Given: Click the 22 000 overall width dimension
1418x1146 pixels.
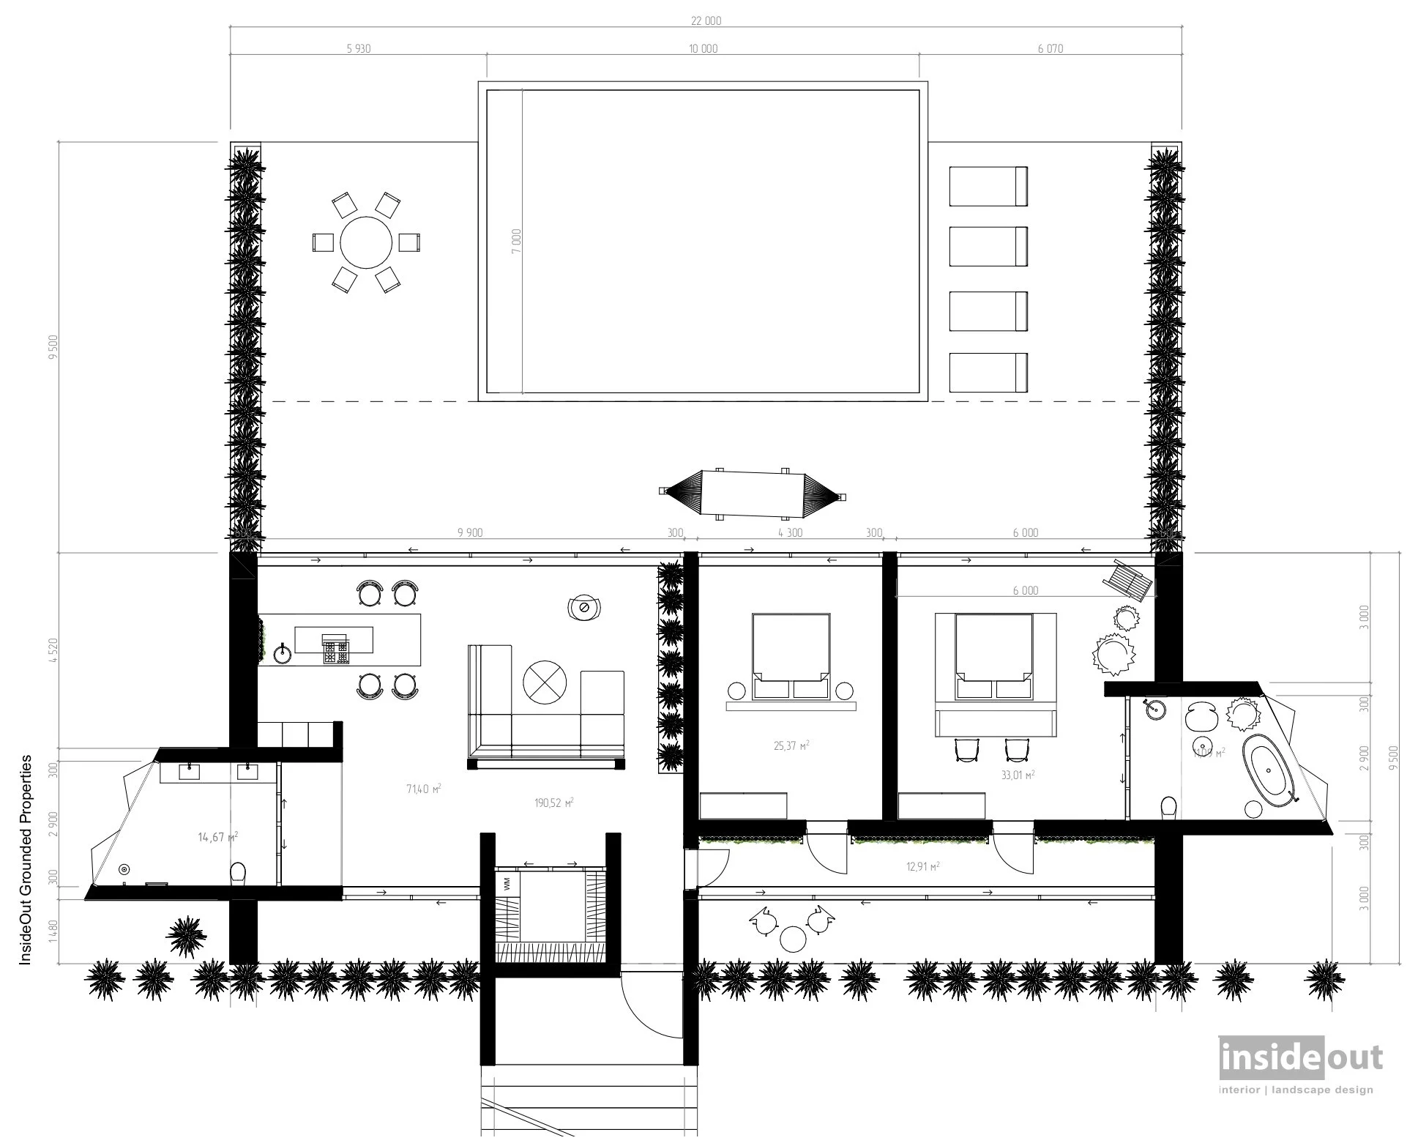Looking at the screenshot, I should pyautogui.click(x=706, y=21).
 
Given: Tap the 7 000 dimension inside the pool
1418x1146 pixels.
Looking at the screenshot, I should pyautogui.click(x=517, y=241).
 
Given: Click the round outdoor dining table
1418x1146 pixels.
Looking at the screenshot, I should pyautogui.click(x=366, y=242).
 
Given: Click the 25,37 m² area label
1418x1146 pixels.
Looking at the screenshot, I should pyautogui.click(x=791, y=746).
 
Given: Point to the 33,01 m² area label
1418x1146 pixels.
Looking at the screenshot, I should pyautogui.click(x=1018, y=774).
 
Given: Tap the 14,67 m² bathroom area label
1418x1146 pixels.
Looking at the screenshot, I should pyautogui.click(x=217, y=836).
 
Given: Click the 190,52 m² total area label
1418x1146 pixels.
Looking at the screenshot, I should pyautogui.click(x=553, y=803).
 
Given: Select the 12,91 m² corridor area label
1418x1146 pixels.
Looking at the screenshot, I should pyautogui.click(x=922, y=866).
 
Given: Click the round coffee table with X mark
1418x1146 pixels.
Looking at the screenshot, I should pyautogui.click(x=545, y=682).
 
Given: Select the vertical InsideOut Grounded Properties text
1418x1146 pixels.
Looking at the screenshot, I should pyautogui.click(x=26, y=860).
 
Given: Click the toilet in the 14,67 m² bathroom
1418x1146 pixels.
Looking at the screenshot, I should pyautogui.click(x=237, y=873).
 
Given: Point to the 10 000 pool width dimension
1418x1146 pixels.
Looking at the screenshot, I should pyautogui.click(x=703, y=49).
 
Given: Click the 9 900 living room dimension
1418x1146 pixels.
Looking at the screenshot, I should pyautogui.click(x=469, y=533).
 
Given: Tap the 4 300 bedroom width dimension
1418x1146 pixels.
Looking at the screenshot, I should pyautogui.click(x=790, y=533).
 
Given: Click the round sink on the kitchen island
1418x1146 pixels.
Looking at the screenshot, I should pyautogui.click(x=283, y=652).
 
